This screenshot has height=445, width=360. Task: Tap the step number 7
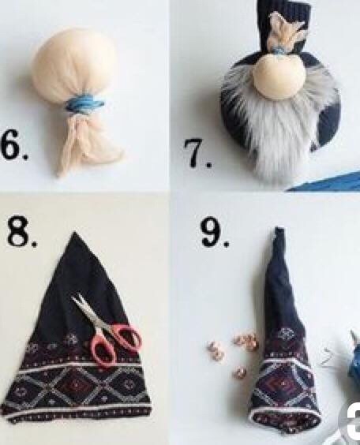click(x=198, y=154)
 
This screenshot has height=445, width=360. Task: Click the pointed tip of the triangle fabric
click(x=74, y=233)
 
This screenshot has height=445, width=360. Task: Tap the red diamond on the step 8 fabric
click(x=74, y=387)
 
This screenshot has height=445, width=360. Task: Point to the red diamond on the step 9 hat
click(x=279, y=383)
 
